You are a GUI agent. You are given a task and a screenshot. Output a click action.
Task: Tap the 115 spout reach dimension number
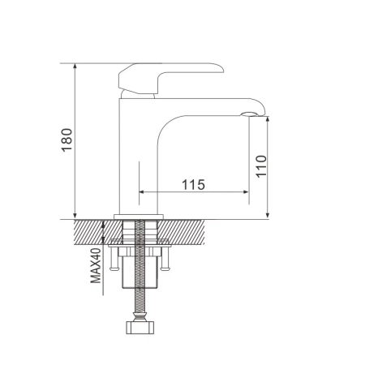tap(192, 185)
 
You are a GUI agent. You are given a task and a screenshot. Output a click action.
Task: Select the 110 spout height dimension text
tap(261, 165)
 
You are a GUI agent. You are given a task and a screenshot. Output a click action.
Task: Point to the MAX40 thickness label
tap(95, 264)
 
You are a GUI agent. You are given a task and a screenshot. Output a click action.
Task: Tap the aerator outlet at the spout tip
tap(251, 112)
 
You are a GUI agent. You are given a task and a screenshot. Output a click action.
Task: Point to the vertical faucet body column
tap(134, 154)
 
